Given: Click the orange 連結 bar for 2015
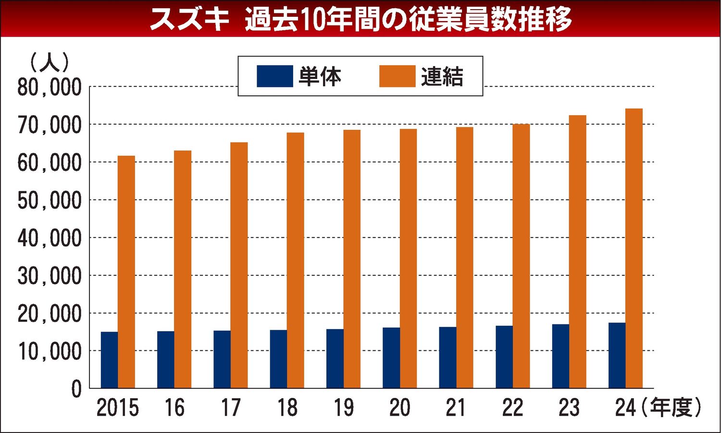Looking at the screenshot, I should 126,272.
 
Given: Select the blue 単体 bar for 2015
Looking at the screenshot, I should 109,360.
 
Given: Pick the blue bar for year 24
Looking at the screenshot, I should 617,355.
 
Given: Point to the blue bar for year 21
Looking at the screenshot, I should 448,358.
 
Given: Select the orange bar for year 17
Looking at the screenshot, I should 239,265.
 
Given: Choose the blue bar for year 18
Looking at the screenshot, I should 278,359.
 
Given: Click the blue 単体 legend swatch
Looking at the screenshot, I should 274,76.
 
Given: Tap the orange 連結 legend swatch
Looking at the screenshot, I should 397,76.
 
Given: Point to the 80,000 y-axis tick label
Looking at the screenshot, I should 50,88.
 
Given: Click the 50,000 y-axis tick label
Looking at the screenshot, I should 50,201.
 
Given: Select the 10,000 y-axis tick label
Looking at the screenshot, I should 50,352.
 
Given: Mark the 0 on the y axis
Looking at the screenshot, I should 76,389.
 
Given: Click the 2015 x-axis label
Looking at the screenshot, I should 118,408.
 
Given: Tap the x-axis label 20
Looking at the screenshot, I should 399,408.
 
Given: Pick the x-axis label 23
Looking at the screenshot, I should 569,408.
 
